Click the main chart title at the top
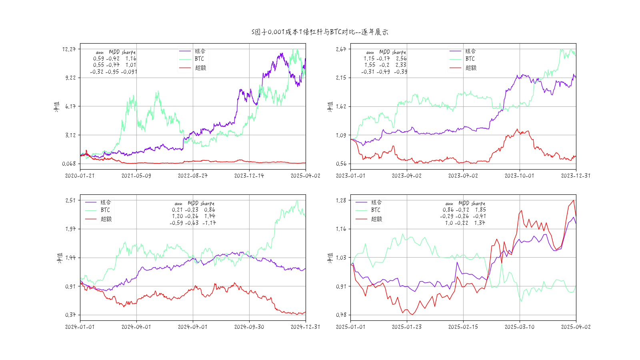[320, 32]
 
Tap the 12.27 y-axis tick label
[69, 49]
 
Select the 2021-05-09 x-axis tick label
[136, 176]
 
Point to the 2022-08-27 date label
[192, 176]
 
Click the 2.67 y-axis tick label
[341, 49]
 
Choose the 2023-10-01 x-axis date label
[519, 176]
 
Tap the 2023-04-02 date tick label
[406, 176]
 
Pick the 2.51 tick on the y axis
[70, 200]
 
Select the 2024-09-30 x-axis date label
[249, 327]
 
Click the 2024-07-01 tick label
[192, 327]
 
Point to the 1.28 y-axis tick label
[341, 200]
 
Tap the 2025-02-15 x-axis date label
[463, 327]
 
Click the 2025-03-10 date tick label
[519, 327]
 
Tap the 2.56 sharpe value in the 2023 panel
[401, 58]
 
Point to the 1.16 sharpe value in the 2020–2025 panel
[131, 58]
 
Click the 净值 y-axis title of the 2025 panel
[330, 258]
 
